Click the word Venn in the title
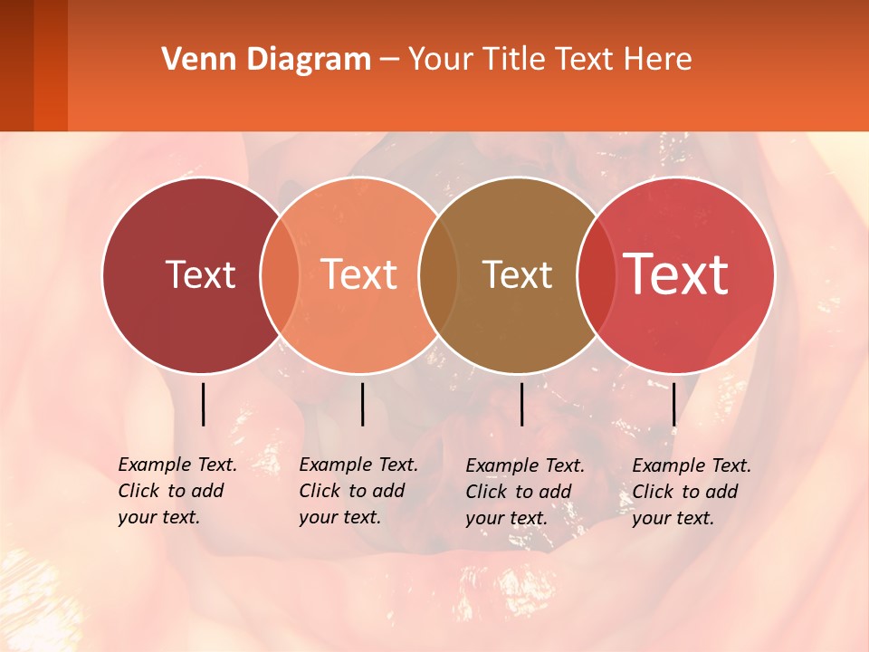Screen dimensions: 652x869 (190, 60)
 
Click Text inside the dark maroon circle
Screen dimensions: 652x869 (200, 274)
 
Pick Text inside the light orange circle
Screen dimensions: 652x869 (359, 274)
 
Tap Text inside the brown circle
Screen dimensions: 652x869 (518, 274)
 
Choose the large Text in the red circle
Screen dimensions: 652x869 (676, 274)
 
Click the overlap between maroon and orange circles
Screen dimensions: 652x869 (280, 274)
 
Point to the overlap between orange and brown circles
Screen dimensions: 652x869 (438, 274)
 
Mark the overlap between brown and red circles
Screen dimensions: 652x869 (597, 274)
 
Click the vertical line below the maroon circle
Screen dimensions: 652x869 (203, 404)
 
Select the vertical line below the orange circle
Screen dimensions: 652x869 (362, 404)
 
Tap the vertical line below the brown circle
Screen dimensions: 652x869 (521, 404)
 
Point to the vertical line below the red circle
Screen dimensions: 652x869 (673, 404)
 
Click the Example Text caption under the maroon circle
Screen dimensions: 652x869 (177, 491)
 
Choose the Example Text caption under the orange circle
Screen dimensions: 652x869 (358, 491)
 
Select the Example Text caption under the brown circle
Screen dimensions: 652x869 (525, 492)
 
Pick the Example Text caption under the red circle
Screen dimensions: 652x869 (692, 492)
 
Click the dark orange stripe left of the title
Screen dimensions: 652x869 (51, 65)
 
